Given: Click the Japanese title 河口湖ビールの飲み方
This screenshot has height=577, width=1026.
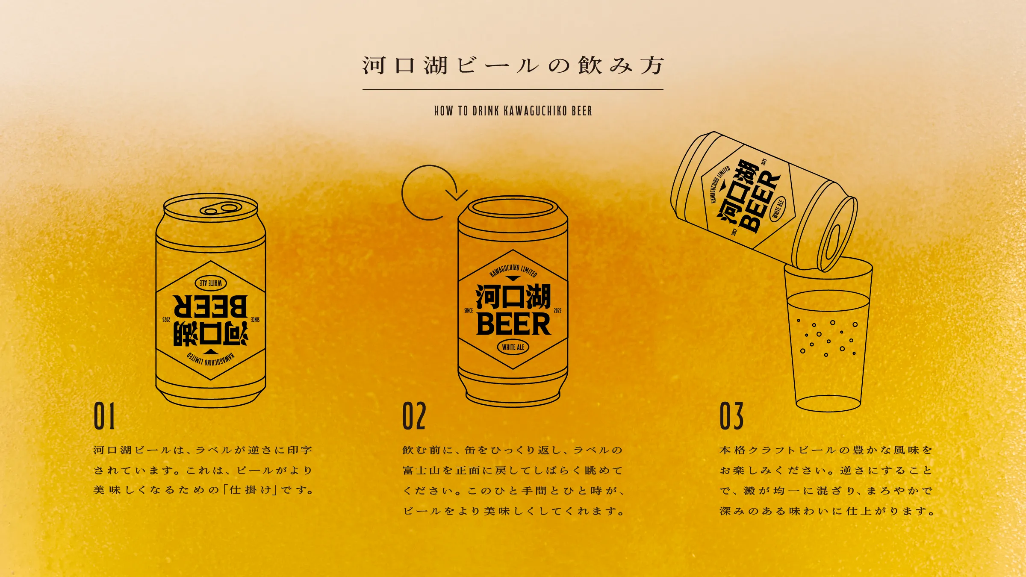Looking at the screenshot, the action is [x=513, y=66].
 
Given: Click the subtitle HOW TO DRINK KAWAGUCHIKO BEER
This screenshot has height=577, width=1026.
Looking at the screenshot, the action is [x=513, y=111].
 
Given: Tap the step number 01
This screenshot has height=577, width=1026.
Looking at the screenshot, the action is [x=104, y=416].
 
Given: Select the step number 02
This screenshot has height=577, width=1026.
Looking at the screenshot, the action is [x=414, y=416].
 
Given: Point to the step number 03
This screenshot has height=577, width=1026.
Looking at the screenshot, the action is [x=731, y=416].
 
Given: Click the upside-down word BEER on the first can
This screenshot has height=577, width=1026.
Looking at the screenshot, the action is [x=210, y=306].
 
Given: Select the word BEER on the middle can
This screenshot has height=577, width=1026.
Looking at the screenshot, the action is [x=513, y=324].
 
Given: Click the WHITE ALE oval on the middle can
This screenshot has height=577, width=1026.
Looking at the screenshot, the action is [x=513, y=347].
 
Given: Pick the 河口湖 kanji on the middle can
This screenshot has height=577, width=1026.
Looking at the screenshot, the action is [x=513, y=296].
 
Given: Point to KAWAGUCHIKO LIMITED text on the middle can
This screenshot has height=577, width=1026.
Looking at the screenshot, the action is [x=513, y=270].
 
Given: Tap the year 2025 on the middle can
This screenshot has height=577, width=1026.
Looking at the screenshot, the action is [x=557, y=311].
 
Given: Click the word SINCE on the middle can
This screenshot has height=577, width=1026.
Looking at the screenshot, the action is [x=469, y=311].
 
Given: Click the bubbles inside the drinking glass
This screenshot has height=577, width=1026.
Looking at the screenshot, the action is [x=827, y=337].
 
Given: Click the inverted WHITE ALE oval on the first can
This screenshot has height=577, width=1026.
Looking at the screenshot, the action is [x=211, y=283].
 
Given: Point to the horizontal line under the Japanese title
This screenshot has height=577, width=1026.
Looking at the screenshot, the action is [x=513, y=89].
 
